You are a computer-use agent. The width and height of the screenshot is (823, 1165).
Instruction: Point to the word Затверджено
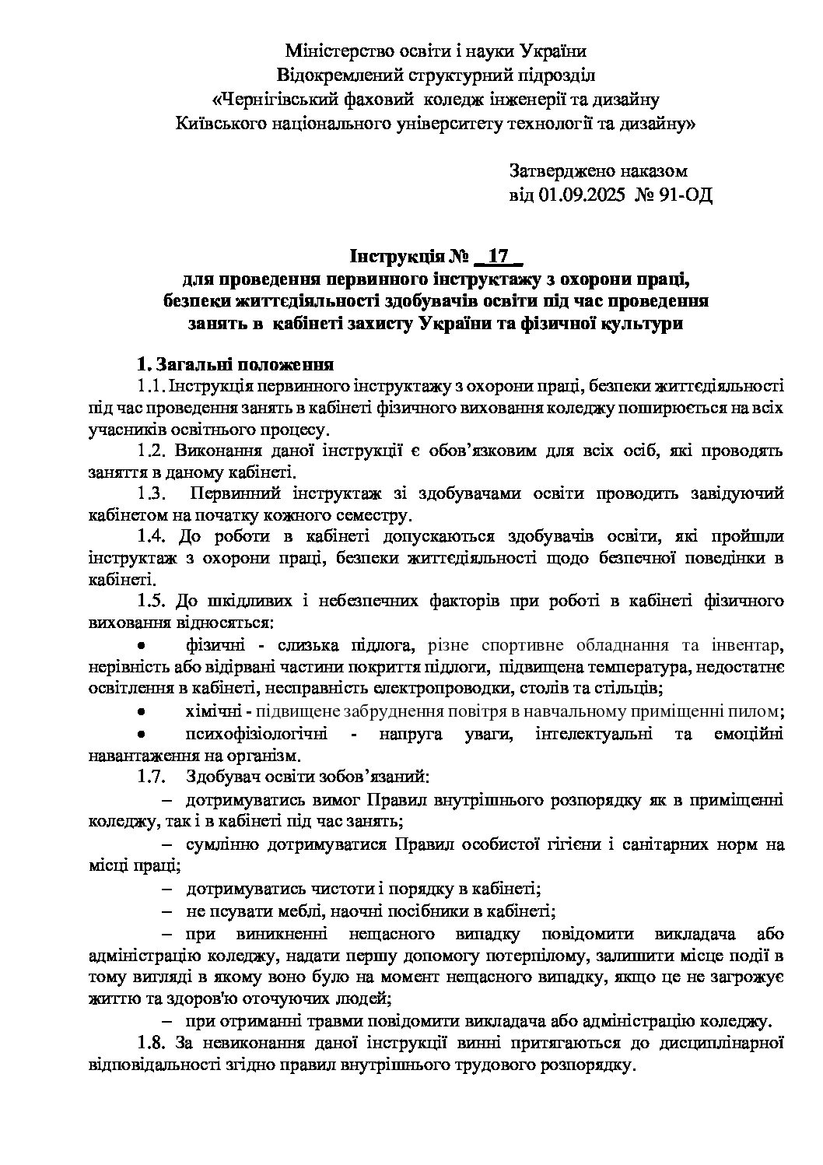[559, 170]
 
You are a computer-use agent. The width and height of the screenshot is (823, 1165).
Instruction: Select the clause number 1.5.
[151, 601]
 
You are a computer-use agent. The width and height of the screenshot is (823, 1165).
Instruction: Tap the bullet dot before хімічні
[141, 711]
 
